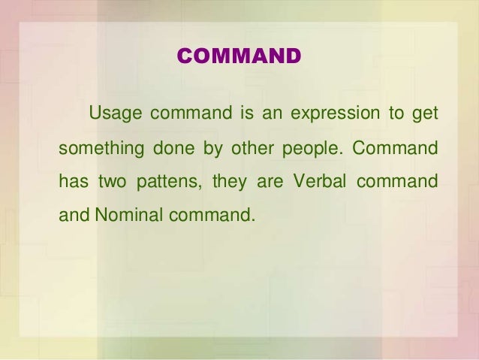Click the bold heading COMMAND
click(x=238, y=56)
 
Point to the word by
click(x=212, y=149)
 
